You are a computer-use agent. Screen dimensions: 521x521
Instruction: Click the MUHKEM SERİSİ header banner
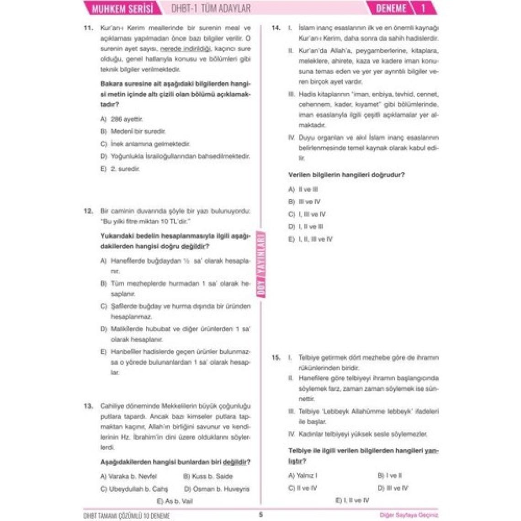(x=122, y=8)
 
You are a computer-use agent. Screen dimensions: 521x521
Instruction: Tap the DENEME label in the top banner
(x=391, y=8)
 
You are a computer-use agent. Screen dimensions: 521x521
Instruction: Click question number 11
(x=88, y=28)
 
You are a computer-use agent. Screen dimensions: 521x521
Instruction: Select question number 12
(x=88, y=211)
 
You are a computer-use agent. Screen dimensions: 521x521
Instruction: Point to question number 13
(x=88, y=406)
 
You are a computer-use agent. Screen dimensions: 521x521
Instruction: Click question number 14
(x=276, y=28)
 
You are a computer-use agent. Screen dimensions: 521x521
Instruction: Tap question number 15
(x=276, y=357)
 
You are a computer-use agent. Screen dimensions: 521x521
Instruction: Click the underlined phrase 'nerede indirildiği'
(x=186, y=49)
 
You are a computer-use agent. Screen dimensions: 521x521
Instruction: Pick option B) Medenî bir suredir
(x=133, y=132)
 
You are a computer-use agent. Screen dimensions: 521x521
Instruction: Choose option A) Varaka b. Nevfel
(x=128, y=476)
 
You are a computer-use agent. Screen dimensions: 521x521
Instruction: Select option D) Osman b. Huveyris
(x=217, y=489)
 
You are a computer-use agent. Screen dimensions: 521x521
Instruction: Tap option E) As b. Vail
(x=175, y=501)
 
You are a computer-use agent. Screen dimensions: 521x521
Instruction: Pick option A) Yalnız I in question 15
(x=303, y=475)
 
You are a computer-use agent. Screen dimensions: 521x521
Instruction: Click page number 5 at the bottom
(x=261, y=515)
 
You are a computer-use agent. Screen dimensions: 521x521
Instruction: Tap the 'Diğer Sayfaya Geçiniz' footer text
(x=409, y=515)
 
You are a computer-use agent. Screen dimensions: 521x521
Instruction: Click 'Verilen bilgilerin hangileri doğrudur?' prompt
(x=346, y=175)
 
